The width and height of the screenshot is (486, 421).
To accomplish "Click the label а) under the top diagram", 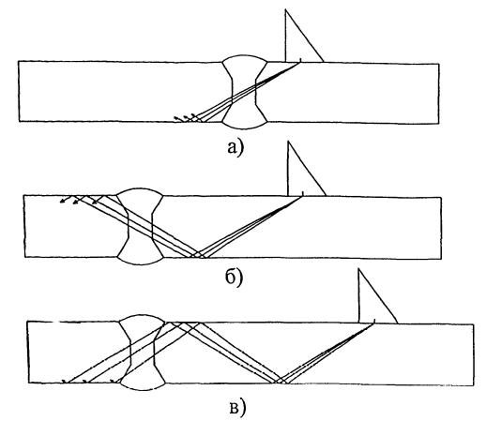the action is point(235,147).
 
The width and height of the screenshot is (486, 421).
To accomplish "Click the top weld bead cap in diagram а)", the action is point(244,58).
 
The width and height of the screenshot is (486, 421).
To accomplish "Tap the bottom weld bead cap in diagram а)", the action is point(245,125).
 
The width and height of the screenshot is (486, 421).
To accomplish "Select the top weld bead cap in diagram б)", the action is point(140,191).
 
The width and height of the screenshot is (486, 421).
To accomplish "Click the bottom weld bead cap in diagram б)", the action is point(140,261).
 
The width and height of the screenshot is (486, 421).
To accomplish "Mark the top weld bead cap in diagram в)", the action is point(143,318).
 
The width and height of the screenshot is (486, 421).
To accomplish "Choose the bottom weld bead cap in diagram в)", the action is point(143,386).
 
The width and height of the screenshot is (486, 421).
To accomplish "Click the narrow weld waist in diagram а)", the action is point(244,92).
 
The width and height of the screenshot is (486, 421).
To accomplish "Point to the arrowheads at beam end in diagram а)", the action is point(186,117).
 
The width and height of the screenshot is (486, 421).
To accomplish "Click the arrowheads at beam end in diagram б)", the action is point(79,200).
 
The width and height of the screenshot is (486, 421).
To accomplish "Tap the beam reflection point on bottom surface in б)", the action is point(198,256).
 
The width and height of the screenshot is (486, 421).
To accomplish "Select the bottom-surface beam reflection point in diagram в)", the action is point(281,381).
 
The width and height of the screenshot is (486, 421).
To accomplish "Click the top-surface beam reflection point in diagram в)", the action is point(182,323).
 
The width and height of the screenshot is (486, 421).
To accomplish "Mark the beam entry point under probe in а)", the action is point(300,62).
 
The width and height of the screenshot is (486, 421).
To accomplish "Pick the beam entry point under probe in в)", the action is point(373,323).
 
